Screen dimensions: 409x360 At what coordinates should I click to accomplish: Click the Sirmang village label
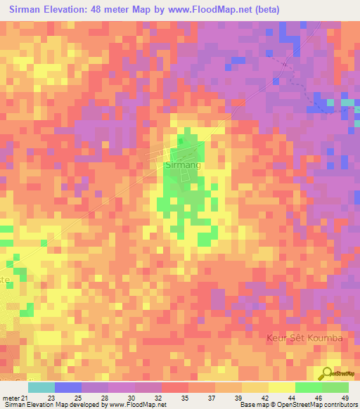pos(182,166)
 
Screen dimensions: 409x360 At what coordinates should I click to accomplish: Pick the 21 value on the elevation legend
pos(25,398)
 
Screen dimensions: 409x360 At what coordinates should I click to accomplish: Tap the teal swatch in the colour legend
pos(41,387)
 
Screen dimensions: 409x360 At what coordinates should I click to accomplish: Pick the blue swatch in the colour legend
pos(67,387)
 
